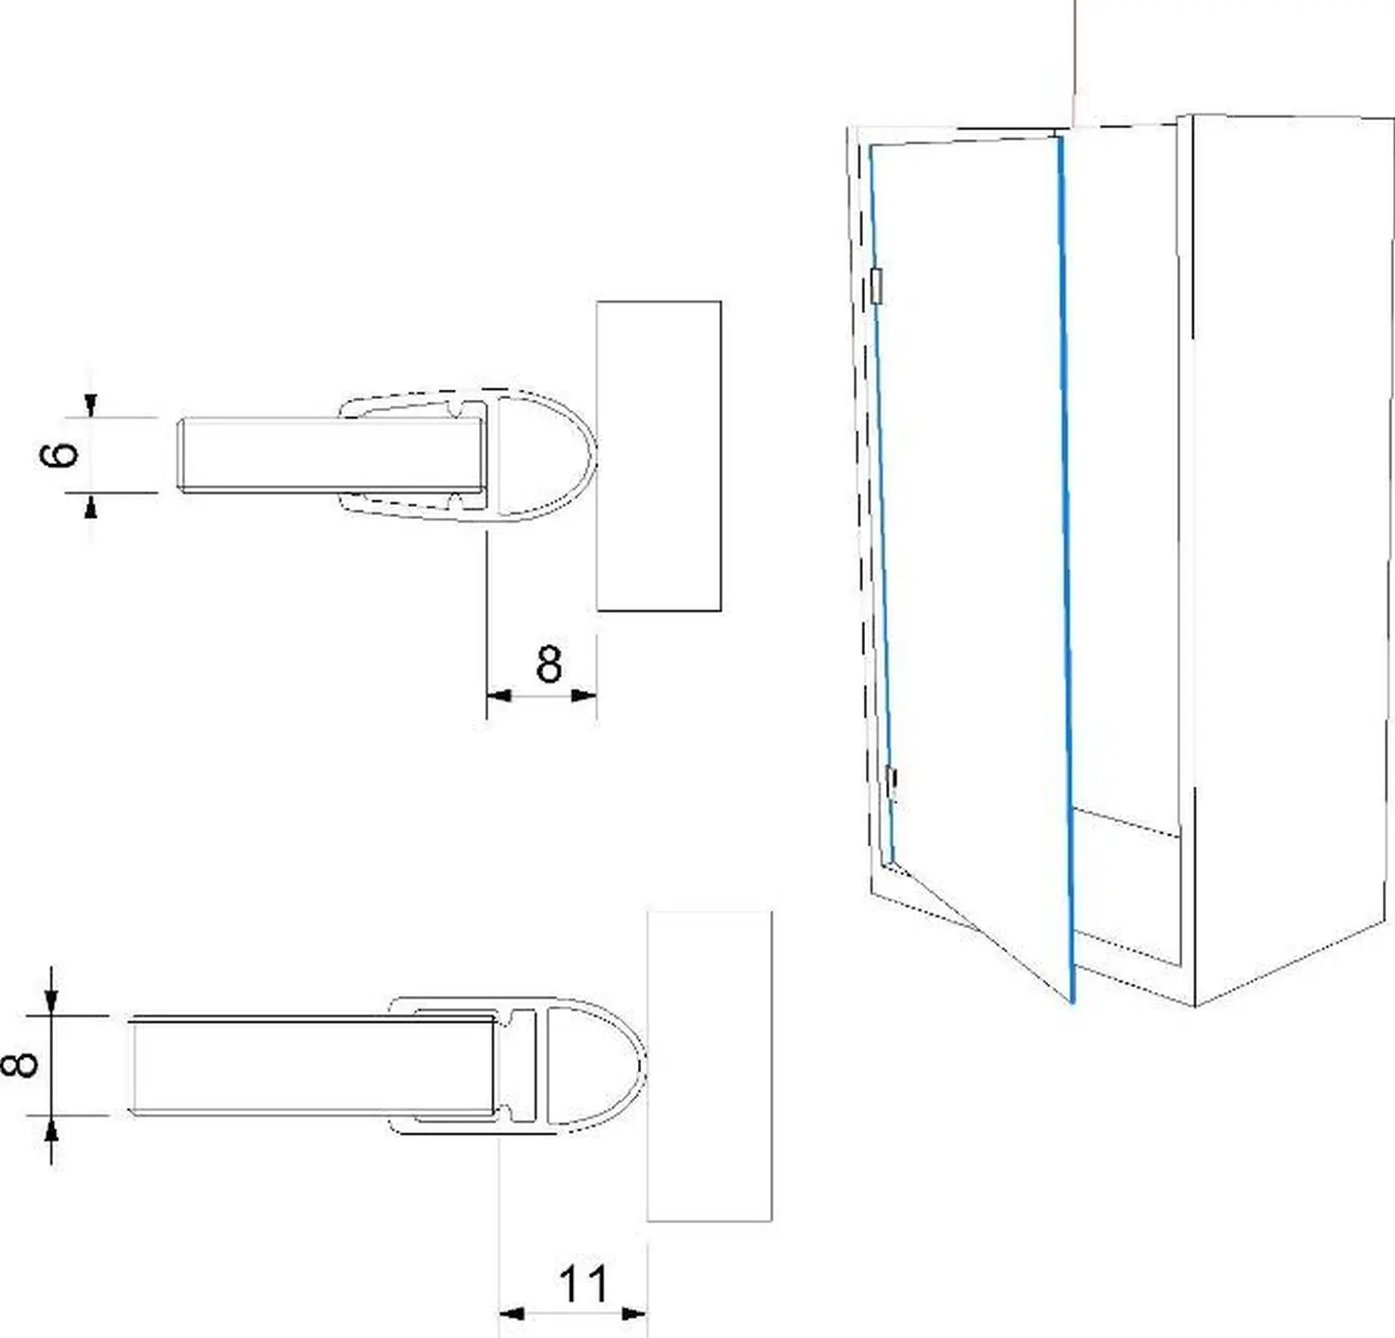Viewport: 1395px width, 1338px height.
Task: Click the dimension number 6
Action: click(x=60, y=454)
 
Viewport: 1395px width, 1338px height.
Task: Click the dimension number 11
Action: click(x=583, y=1284)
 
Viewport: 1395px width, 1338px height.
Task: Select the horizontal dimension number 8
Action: click(x=549, y=664)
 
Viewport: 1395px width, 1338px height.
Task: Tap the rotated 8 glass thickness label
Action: click(x=20, y=1064)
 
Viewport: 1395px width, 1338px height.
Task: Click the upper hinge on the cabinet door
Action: click(x=876, y=285)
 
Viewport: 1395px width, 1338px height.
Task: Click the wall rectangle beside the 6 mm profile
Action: click(x=658, y=456)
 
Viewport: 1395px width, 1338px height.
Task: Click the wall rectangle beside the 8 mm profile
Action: click(x=710, y=1066)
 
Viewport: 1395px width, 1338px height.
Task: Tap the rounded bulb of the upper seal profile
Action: click(x=549, y=456)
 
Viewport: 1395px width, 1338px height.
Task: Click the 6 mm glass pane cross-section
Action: click(x=325, y=456)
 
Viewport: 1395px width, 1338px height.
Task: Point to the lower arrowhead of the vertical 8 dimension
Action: click(x=52, y=1129)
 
